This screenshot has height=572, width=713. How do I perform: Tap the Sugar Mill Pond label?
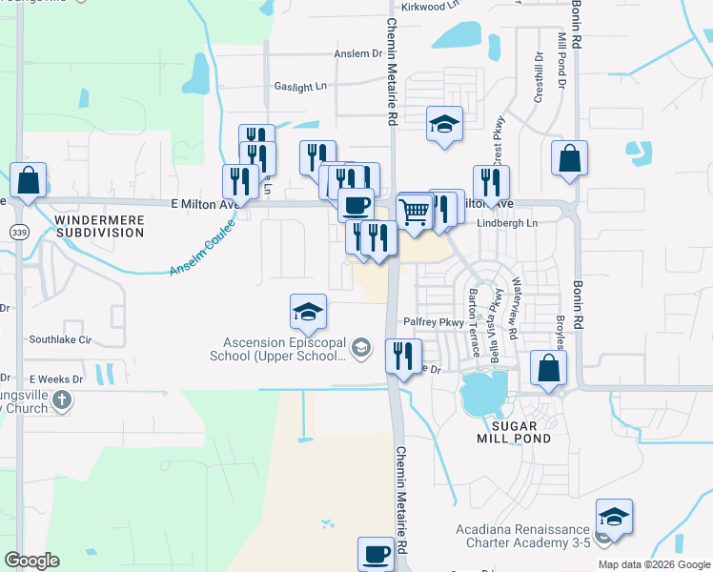point(515,432)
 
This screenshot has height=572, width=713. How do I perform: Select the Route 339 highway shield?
point(18,232)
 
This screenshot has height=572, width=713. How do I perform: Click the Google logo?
point(31,561)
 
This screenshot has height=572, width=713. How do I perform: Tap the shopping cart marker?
point(414,212)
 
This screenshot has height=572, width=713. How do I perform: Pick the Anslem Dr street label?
point(357,54)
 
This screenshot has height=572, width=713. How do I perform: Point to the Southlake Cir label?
point(59,338)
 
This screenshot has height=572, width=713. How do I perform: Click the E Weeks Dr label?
point(56,378)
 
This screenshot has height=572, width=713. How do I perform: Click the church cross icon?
point(62,400)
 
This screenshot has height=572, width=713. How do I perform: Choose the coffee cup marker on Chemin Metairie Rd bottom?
point(376,553)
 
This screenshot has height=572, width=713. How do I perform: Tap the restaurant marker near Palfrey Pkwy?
point(403,356)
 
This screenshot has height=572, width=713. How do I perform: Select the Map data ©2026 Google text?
point(654,564)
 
